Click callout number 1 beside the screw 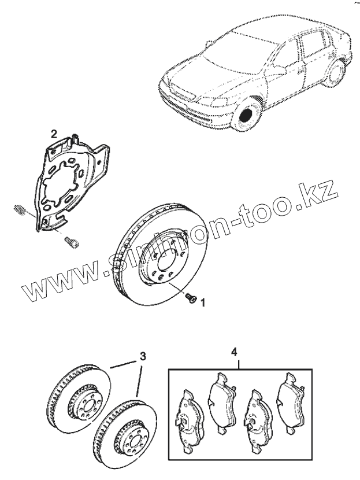(203, 302)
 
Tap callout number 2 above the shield (54, 134)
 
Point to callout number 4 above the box (234, 351)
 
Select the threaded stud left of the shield (18, 210)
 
